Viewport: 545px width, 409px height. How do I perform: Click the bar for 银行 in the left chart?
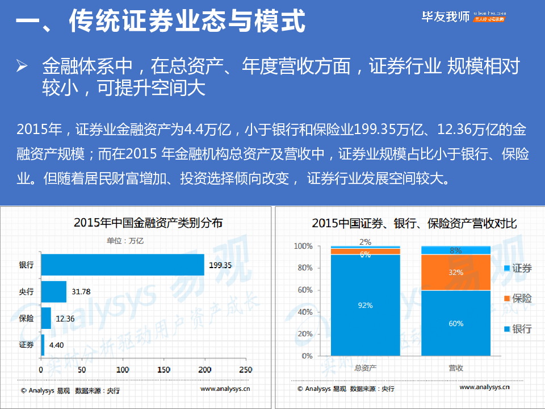[x=122, y=265]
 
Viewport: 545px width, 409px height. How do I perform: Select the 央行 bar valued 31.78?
[x=53, y=291]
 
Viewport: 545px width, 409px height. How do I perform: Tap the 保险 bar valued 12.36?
[x=46, y=318]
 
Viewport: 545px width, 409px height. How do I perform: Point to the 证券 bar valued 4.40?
[x=43, y=345]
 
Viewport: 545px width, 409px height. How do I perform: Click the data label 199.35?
[x=220, y=265]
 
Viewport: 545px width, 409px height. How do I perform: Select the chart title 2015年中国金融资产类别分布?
[x=148, y=223]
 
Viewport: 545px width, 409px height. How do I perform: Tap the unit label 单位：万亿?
[x=125, y=241]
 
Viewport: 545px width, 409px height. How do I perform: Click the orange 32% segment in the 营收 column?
[x=455, y=272]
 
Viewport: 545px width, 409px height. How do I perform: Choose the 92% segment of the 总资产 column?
[x=365, y=305]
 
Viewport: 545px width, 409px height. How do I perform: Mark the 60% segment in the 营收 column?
[x=455, y=323]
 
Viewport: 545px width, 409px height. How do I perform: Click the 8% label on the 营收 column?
[x=455, y=250]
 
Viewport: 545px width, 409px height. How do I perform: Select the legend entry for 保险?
[x=517, y=298]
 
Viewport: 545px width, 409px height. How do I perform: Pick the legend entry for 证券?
[x=517, y=268]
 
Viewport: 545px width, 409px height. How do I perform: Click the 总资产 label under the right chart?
[x=365, y=368]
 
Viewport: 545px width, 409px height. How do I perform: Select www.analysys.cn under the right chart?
[x=484, y=387]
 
